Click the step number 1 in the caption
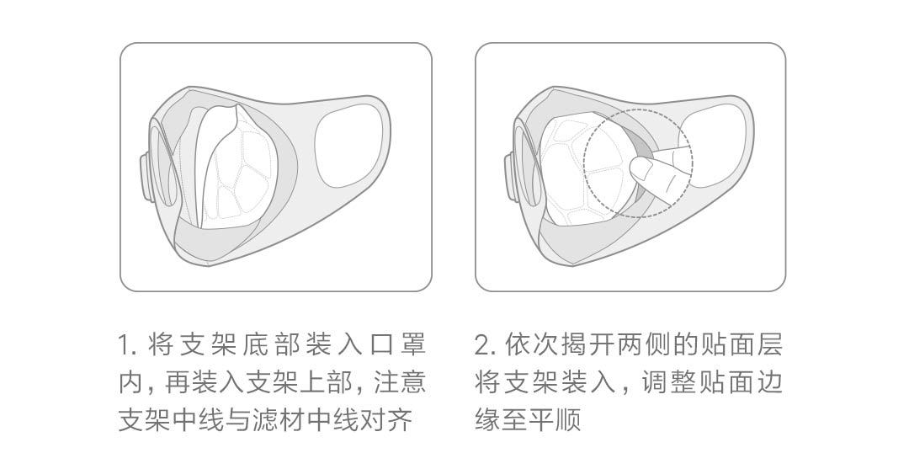(124, 345)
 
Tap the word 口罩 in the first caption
(399, 345)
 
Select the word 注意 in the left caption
(400, 382)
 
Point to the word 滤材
(279, 419)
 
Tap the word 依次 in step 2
(529, 345)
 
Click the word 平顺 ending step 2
(555, 419)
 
